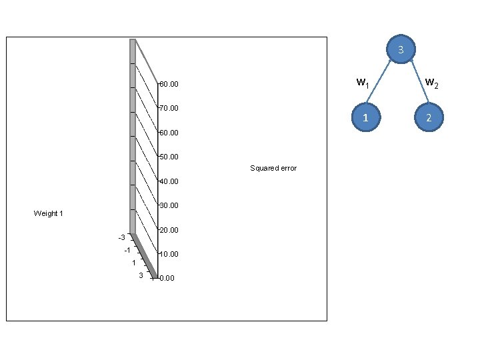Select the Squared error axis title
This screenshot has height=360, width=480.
(x=273, y=168)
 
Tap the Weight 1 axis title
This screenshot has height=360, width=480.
(x=48, y=213)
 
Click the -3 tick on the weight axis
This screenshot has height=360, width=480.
(x=121, y=237)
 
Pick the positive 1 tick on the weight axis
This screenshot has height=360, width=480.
(x=134, y=263)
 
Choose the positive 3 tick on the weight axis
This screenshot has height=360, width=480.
(x=140, y=275)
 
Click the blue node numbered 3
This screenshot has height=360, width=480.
(x=401, y=50)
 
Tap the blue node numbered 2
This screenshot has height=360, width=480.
(x=430, y=117)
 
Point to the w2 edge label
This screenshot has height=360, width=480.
(x=431, y=83)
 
